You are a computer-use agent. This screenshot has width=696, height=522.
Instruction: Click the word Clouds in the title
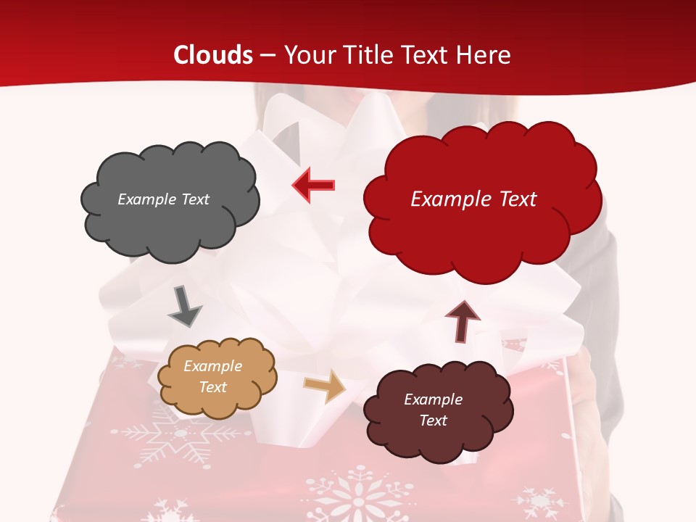point(213,55)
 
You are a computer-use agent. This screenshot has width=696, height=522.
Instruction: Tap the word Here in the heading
point(485,55)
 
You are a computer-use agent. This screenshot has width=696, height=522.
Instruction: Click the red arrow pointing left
point(313,185)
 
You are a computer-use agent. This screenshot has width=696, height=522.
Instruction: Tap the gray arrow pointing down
point(184,307)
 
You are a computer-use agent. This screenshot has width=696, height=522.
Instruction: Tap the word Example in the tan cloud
point(213,366)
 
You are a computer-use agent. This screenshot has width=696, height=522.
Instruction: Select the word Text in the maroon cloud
point(434,420)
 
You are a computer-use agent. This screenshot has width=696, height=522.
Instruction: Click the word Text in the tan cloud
point(213,387)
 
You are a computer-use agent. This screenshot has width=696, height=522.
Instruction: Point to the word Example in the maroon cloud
point(434,399)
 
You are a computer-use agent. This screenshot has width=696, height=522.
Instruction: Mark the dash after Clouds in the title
point(268,56)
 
